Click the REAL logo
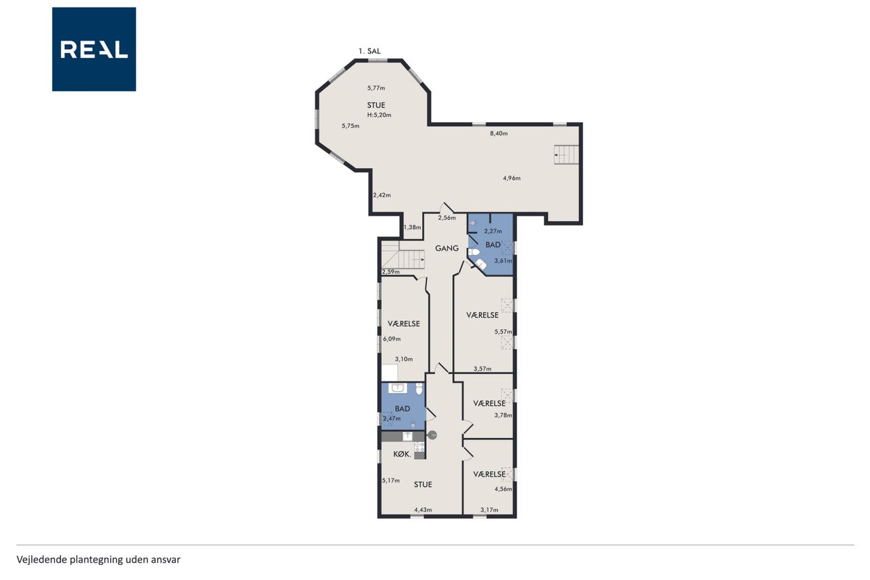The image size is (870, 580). coord(94,50)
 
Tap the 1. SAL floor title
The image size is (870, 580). coord(369,51)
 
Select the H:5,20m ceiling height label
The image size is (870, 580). coord(379,115)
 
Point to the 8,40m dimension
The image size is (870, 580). coord(499,133)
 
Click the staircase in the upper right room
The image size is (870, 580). coord(566,154)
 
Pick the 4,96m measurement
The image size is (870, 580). coord(512,178)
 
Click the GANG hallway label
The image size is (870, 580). coord(447,248)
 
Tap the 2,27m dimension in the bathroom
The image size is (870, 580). coord(493,231)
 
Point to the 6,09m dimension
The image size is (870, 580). coord(392,339)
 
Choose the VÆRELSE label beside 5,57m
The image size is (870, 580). coord(483,315)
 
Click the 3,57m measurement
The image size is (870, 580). coord(483,369)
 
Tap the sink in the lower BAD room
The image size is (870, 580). coord(398,388)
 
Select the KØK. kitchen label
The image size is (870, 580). coord(402,454)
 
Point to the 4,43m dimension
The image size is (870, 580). coord(423,510)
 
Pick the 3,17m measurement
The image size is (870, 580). coord(489,510)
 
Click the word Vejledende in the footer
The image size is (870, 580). coord(42,560)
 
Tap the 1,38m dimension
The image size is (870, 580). coord(413,227)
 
